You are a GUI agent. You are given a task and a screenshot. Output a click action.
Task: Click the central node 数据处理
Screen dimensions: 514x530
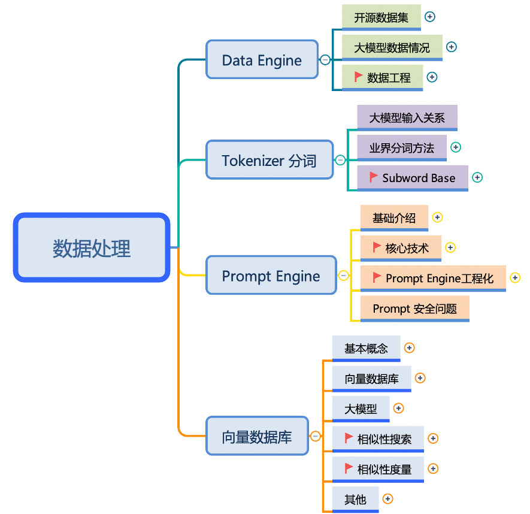pyautogui.click(x=91, y=248)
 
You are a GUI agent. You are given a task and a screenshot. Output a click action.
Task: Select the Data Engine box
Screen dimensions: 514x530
pyautogui.click(x=262, y=59)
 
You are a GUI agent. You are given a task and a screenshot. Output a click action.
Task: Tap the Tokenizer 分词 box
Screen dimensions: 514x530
pyautogui.click(x=269, y=160)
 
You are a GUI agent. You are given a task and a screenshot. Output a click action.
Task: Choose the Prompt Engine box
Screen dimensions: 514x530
pyautogui.click(x=271, y=276)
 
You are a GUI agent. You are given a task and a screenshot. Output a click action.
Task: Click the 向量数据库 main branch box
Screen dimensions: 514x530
pyautogui.click(x=257, y=436)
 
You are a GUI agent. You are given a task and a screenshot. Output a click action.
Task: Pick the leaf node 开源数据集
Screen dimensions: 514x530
pyautogui.click(x=381, y=17)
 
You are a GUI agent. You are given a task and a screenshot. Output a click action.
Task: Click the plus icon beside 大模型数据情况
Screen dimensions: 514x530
pyautogui.click(x=452, y=47)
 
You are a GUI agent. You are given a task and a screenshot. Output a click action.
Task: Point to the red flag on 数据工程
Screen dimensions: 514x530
pyautogui.click(x=358, y=76)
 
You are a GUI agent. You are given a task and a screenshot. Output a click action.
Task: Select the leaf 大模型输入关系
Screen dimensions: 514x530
pyautogui.click(x=407, y=117)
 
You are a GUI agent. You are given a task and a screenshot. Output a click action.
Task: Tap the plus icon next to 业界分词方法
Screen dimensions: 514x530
pyautogui.click(x=455, y=147)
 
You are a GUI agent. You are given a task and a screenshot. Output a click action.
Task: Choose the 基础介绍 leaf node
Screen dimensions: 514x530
pyautogui.click(x=393, y=218)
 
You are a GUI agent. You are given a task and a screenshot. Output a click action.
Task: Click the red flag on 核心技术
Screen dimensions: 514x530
pyautogui.click(x=376, y=246)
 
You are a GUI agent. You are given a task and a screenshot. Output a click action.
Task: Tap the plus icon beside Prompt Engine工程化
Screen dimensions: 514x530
pyautogui.click(x=514, y=277)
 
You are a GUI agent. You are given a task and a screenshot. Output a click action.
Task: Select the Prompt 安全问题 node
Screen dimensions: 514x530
pyautogui.click(x=414, y=309)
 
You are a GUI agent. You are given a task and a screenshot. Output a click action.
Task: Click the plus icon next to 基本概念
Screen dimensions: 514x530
pyautogui.click(x=409, y=347)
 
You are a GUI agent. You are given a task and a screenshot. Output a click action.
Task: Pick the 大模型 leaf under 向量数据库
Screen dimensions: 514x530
pyautogui.click(x=361, y=409)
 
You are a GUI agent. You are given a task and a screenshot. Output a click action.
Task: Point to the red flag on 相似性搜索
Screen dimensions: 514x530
pyautogui.click(x=349, y=437)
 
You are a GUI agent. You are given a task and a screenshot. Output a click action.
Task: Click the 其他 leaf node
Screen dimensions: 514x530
pyautogui.click(x=355, y=499)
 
